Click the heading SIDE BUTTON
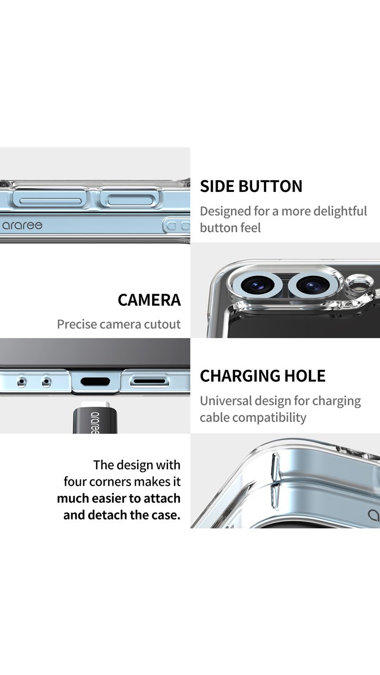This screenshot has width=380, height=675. [251, 186]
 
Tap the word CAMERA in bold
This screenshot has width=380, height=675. [149, 300]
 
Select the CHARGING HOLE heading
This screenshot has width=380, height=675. [263, 376]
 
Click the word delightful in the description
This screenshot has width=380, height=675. [340, 211]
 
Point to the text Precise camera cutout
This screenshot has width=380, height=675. [119, 324]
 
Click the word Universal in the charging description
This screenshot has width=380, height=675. [226, 401]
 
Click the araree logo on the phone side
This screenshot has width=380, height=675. [22, 225]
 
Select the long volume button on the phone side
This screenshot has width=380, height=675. [51, 201]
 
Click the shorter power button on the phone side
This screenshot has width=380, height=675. [129, 200]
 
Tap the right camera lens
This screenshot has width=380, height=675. [311, 285]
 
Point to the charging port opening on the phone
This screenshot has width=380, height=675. [96, 381]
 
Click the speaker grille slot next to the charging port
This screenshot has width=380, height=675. [149, 381]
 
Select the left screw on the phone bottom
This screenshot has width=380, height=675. [22, 382]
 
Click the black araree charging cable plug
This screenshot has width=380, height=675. [95, 419]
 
